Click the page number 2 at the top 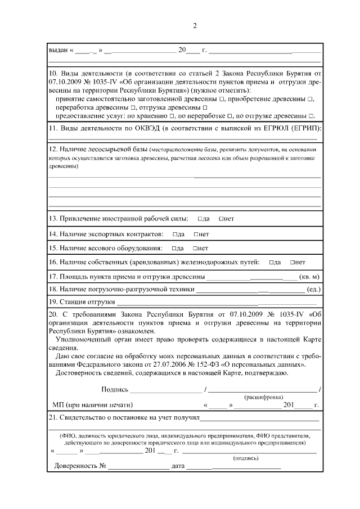[195, 25]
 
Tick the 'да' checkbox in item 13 [200, 218]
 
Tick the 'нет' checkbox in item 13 [221, 218]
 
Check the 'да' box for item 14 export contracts [174, 233]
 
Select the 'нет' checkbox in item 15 [195, 248]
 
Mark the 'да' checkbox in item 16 [271, 262]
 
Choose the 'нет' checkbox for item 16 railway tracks [292, 262]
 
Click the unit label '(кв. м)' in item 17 [310, 277]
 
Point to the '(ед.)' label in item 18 [313, 290]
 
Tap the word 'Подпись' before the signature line [115, 389]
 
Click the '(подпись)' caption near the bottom [246, 458]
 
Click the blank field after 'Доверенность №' [138, 467]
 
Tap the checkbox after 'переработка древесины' [133, 107]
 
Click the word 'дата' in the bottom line [178, 467]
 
